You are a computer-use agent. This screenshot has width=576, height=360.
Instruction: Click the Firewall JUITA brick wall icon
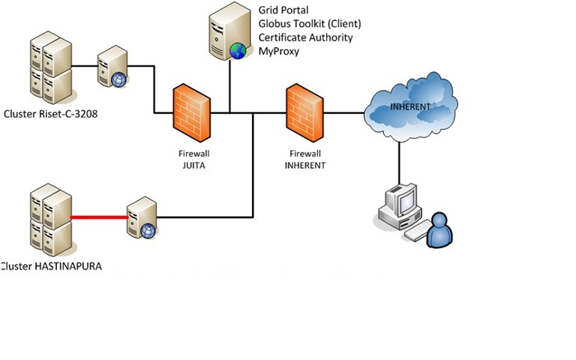click(192, 114)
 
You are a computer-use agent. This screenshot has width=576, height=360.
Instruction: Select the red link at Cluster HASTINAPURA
click(98, 217)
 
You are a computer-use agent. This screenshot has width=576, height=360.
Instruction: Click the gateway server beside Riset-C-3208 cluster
click(112, 67)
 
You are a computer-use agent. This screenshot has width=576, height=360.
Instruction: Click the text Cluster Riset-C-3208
click(51, 115)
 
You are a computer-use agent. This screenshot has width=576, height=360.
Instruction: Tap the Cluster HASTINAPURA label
click(52, 266)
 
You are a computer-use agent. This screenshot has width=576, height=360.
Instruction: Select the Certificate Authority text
click(305, 37)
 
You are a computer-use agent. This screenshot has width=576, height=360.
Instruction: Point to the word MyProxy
click(279, 50)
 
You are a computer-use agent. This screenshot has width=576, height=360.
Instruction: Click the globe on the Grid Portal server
click(238, 51)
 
